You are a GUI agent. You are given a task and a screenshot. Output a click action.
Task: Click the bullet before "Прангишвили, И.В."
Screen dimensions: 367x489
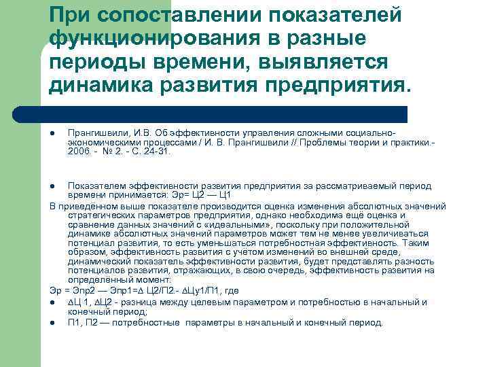(x=53, y=135)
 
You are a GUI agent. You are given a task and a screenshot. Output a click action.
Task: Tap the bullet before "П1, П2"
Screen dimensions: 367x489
(x=53, y=323)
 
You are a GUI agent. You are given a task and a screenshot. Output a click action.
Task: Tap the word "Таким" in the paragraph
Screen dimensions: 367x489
(x=418, y=243)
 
